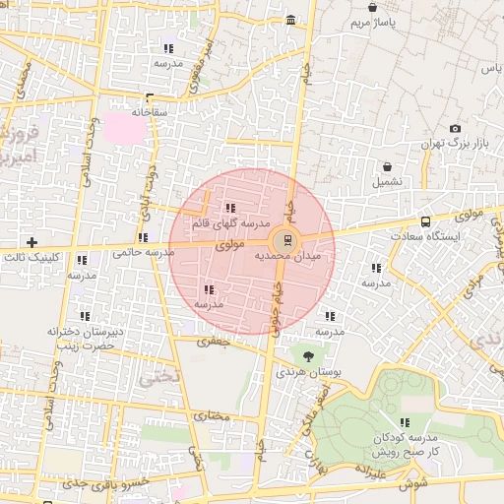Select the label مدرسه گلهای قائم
coord(229,222)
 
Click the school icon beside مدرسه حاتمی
coord(143,237)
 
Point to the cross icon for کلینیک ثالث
coord(32,242)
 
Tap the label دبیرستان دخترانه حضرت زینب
coord(86,338)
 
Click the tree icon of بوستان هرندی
coord(309,356)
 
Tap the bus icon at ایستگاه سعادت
coord(425,221)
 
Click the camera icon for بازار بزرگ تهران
coord(455,129)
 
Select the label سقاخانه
coord(150,112)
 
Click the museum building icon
coord(290,20)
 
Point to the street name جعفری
coord(211,342)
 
